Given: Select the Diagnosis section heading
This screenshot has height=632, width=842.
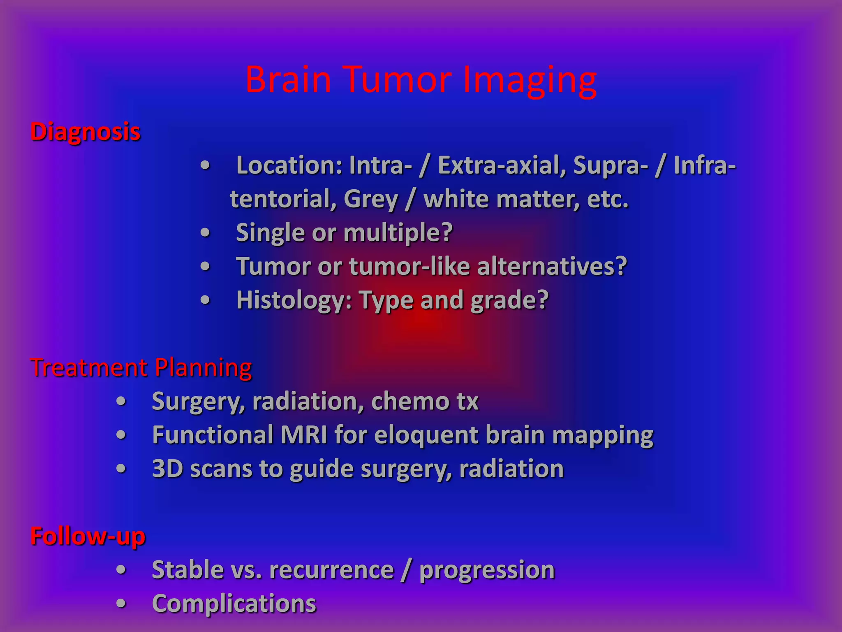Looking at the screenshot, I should click(x=86, y=132).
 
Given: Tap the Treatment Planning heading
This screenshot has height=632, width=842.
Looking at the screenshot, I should click(x=141, y=367).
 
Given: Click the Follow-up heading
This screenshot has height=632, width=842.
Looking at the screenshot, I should click(x=88, y=536).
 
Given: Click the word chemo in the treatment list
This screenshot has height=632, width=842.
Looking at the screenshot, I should click(x=410, y=401).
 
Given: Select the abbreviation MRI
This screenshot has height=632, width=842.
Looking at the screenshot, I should click(x=304, y=435).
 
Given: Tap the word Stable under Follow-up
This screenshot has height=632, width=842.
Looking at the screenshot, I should click(x=187, y=570).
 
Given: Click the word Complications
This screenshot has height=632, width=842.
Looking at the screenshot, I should click(x=234, y=604).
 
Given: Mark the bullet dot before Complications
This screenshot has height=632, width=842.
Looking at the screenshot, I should click(x=121, y=604).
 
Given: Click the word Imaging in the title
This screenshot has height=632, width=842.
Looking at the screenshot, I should click(x=530, y=80).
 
